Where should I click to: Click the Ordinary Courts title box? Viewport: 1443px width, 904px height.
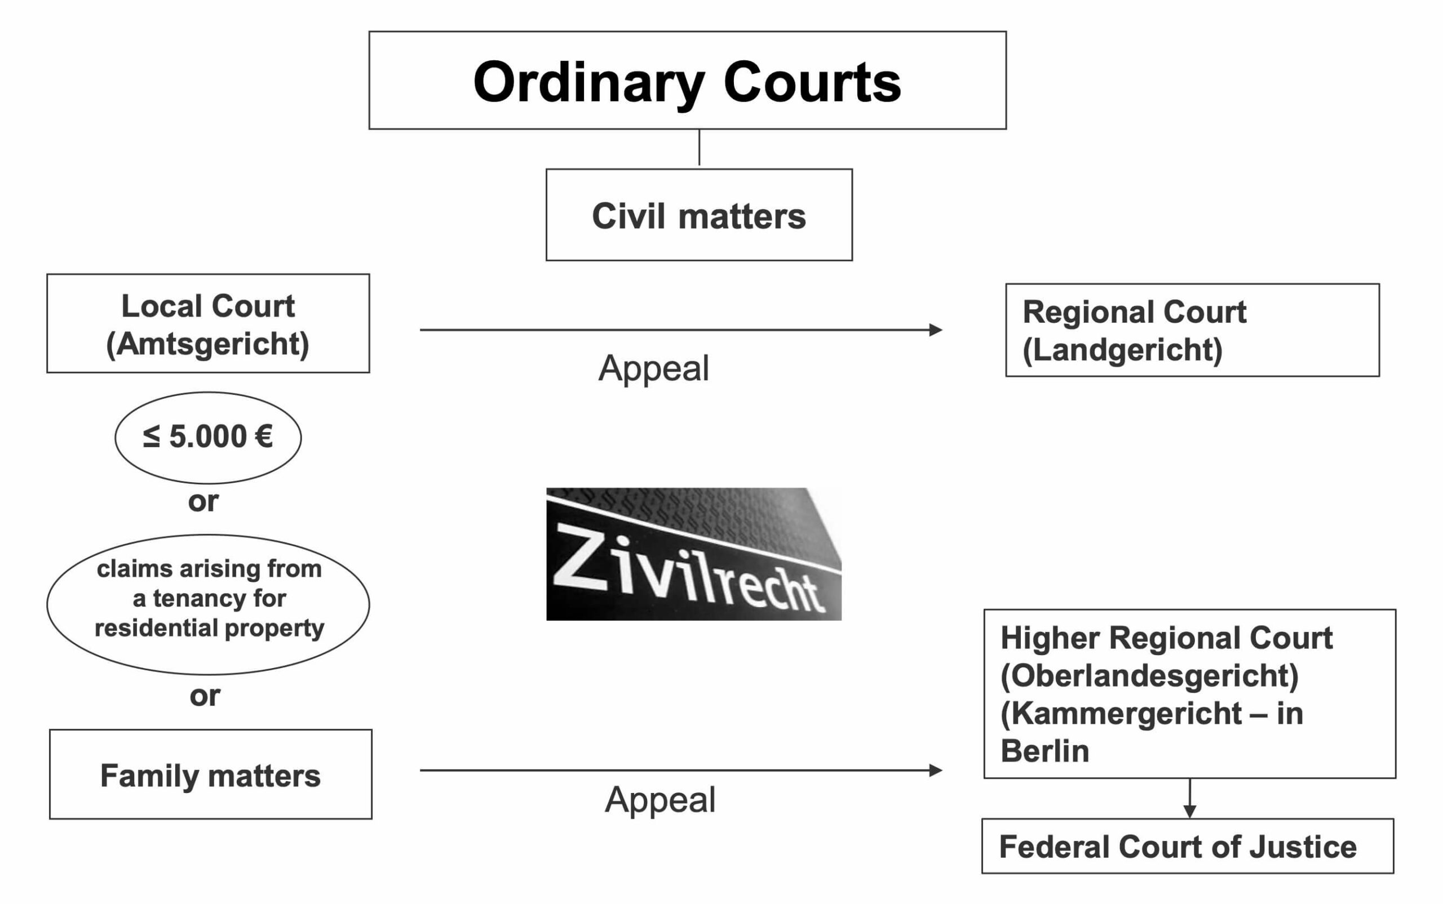coord(688,80)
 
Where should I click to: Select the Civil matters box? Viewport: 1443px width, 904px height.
coord(699,215)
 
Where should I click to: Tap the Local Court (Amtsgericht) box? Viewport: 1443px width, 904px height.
coord(208,323)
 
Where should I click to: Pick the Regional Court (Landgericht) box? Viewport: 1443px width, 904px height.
coord(1192,330)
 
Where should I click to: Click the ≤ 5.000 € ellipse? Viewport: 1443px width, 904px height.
coord(208,438)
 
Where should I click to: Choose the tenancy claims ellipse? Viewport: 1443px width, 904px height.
coord(208,604)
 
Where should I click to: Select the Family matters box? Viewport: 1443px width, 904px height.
coord(211,774)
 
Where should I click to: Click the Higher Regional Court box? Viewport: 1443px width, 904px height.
coord(1190,693)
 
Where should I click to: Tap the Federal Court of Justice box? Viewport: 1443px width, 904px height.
coord(1188,846)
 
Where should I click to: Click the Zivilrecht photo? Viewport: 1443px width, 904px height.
coord(694,554)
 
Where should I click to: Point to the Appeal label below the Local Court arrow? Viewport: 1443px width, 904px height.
coord(654,368)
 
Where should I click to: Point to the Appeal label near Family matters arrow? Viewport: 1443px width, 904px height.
coord(660,799)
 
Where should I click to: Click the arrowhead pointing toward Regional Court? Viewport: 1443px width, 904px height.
coord(936,329)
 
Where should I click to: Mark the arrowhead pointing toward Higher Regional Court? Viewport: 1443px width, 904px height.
coord(936,770)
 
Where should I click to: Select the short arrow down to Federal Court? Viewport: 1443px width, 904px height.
coord(1190,798)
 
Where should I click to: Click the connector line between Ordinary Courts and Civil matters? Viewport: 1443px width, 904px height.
coord(700,149)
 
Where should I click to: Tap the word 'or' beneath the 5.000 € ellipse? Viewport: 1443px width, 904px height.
coord(203,502)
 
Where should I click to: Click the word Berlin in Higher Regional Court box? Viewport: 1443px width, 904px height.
coord(1044,751)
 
